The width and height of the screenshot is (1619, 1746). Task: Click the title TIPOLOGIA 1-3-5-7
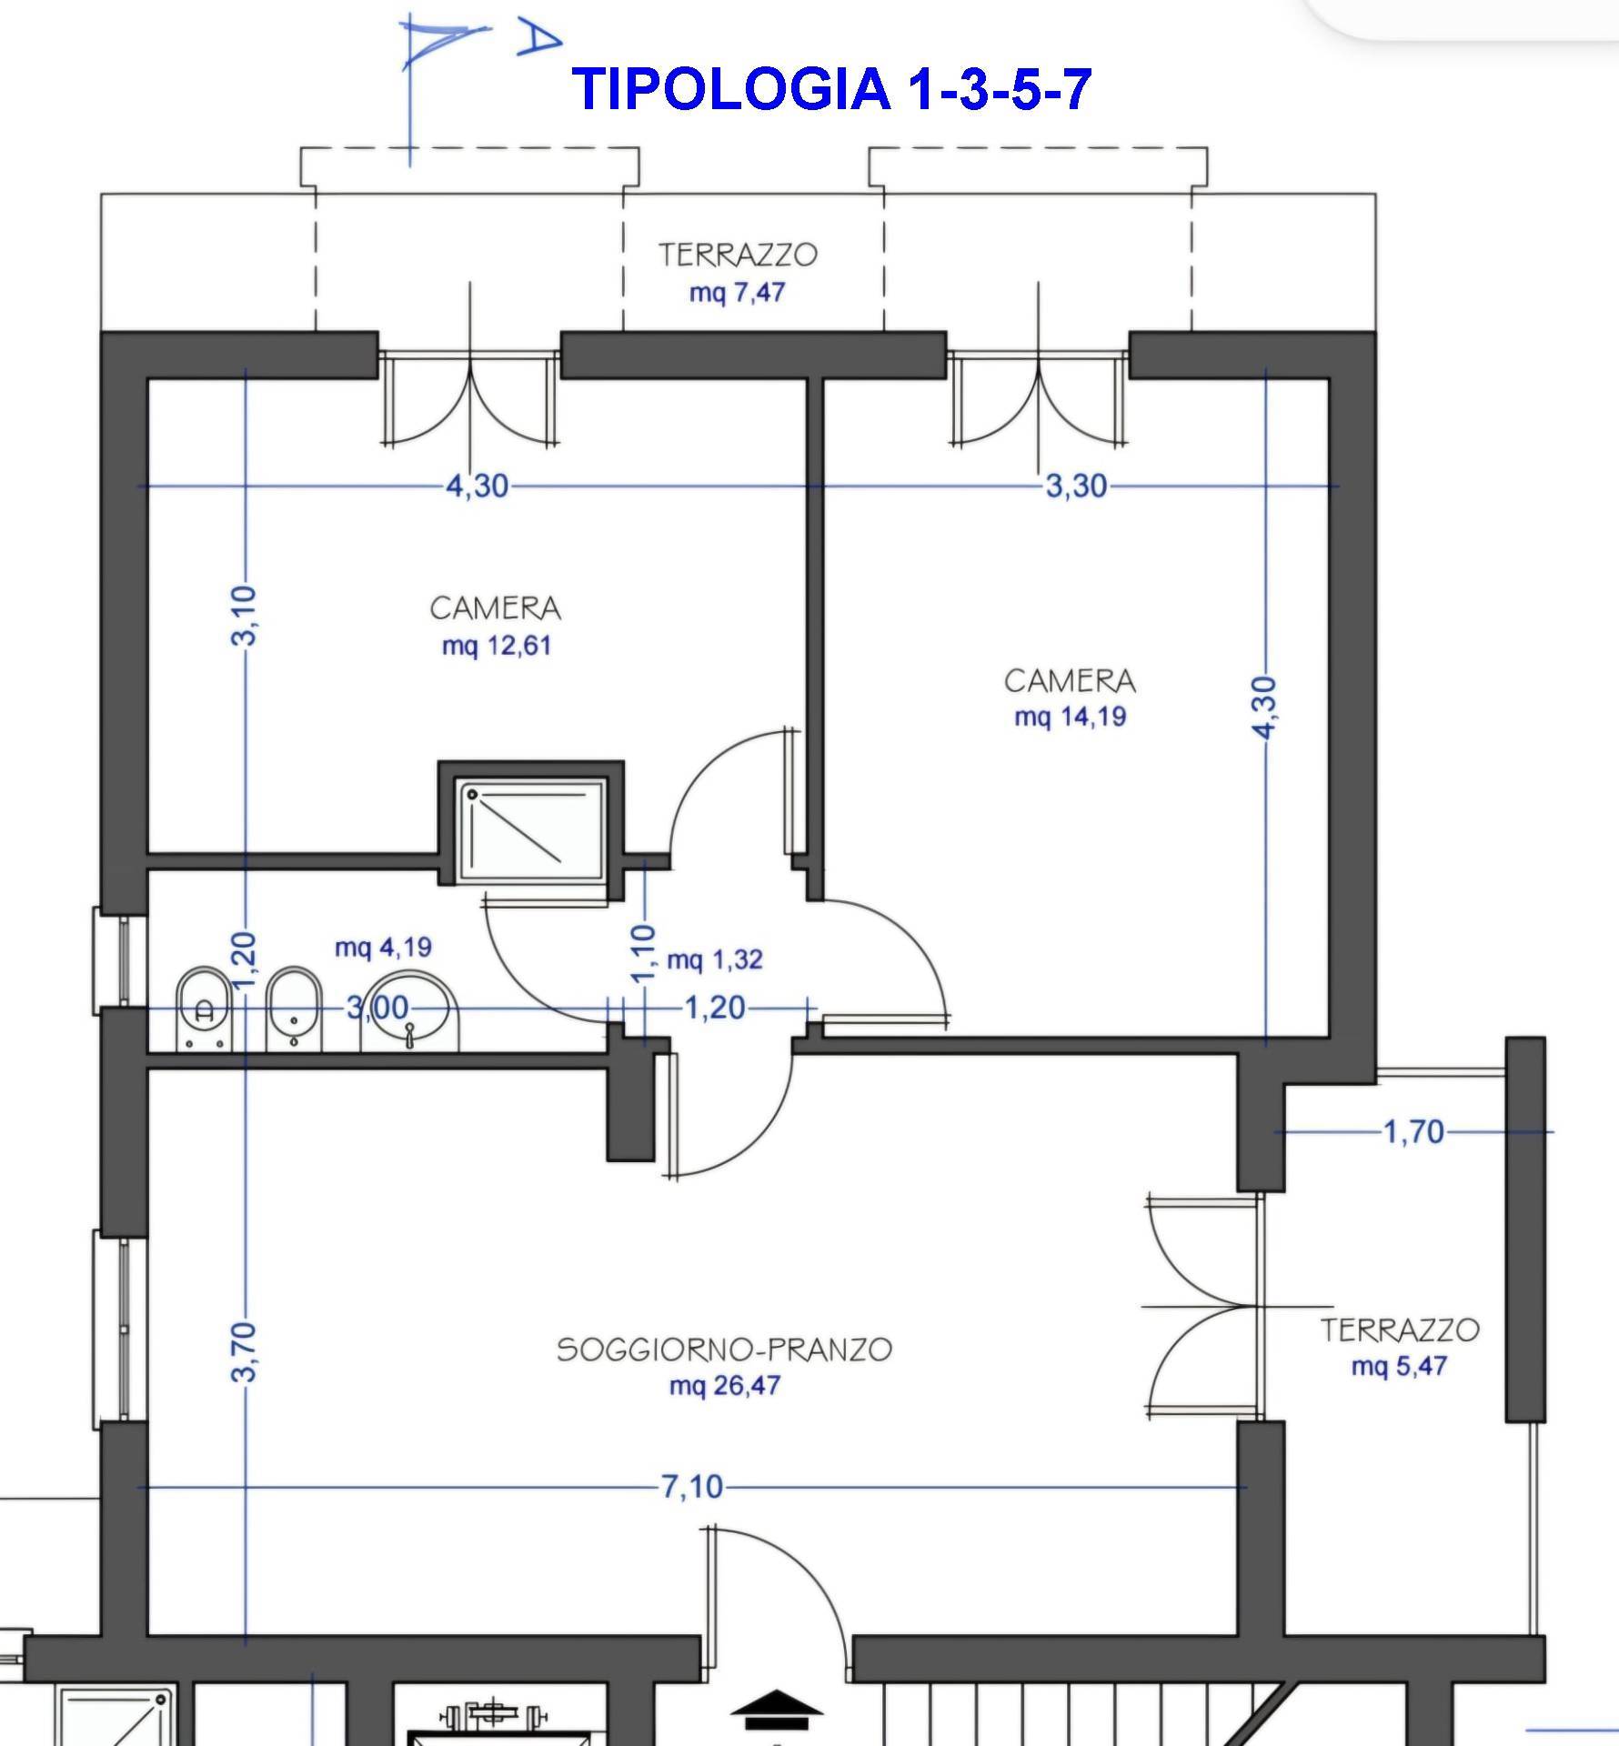[x=831, y=89]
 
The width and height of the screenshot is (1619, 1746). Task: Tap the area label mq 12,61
[x=497, y=647]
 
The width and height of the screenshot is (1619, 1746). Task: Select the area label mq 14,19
[x=1070, y=717]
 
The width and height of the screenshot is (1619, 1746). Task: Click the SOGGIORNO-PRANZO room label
[x=724, y=1350]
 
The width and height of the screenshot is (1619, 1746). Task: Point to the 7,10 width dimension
[x=691, y=1487]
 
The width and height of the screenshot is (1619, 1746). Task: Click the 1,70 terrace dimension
[x=1413, y=1132]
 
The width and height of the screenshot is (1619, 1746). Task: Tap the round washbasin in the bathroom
[x=410, y=1008]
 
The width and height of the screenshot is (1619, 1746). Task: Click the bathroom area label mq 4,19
[x=383, y=948]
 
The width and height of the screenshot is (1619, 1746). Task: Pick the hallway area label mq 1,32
[x=714, y=960]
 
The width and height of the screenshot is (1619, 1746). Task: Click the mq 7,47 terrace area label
[x=737, y=293]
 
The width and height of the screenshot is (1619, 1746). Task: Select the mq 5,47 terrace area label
[x=1398, y=1367]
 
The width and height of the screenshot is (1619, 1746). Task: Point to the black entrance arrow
[x=776, y=1709]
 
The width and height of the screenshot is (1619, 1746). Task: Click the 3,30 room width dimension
[x=1076, y=487]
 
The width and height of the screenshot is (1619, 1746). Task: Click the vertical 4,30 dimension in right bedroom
[x=1266, y=707]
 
